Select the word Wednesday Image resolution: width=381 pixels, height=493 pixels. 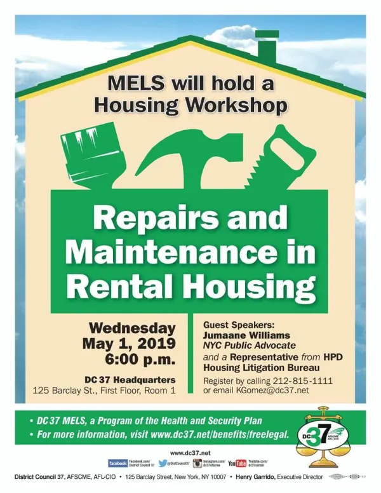(x=132, y=328)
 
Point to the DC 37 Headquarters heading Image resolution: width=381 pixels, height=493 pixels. (x=130, y=379)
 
